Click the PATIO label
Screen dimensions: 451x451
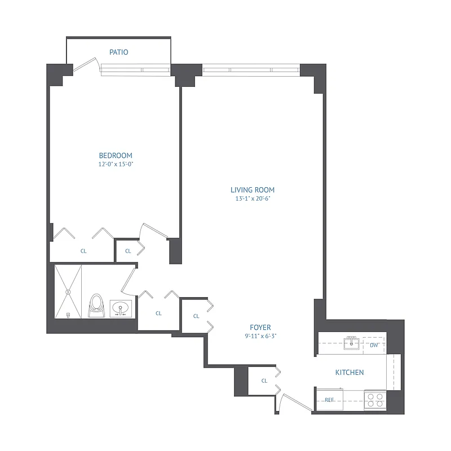pos(118,52)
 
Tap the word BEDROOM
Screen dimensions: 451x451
pos(116,156)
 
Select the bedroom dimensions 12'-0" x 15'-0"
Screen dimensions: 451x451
pos(116,165)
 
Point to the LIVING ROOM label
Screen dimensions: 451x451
pos(253,190)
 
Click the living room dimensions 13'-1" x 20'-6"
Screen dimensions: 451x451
pos(253,198)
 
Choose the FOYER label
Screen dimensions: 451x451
pos(260,328)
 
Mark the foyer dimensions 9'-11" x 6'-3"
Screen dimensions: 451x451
pos(260,336)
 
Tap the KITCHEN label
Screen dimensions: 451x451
pos(350,373)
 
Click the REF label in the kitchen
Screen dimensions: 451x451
pos(330,400)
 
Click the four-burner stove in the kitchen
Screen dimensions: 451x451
pos(375,400)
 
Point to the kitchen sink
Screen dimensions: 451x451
pos(352,342)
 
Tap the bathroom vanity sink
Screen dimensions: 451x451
pos(120,308)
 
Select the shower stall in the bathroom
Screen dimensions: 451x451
pos(68,291)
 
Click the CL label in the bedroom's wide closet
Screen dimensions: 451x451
pos(83,251)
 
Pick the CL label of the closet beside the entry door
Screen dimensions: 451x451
pos(264,381)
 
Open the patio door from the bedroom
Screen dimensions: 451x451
pos(86,66)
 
